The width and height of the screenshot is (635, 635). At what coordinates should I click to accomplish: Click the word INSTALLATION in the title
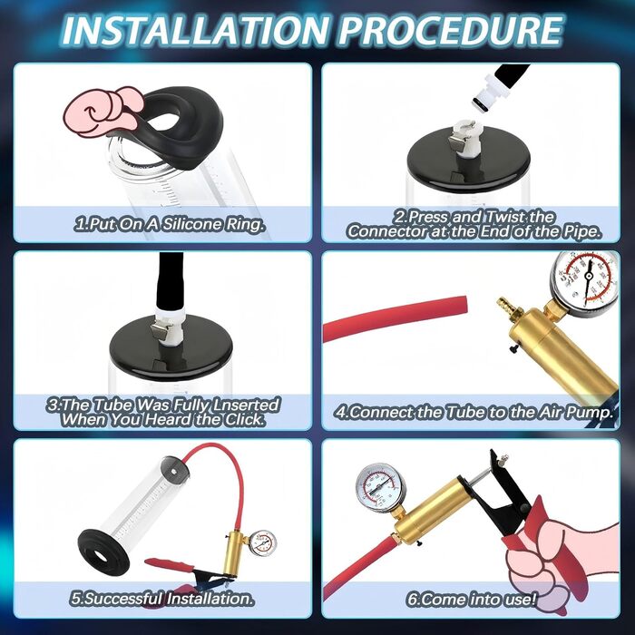[194, 30]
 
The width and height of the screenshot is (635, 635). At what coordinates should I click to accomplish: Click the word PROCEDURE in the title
[451, 30]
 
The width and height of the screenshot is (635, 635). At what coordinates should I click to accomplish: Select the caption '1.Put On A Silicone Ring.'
[170, 224]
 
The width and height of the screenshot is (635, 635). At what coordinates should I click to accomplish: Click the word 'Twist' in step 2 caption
[506, 217]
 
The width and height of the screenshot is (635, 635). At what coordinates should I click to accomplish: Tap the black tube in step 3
[171, 282]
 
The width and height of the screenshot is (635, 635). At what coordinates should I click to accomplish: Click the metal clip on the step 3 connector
[159, 331]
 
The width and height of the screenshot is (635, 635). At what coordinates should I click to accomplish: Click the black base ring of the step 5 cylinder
[104, 550]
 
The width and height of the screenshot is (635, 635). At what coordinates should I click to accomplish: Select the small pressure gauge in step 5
[262, 543]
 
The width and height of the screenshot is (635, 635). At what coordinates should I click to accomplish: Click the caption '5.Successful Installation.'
[162, 599]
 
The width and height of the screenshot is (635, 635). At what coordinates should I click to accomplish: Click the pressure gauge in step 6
[379, 488]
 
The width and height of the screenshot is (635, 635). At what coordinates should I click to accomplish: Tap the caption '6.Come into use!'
[472, 599]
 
